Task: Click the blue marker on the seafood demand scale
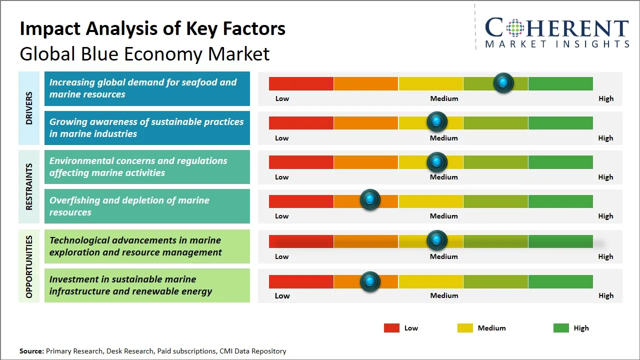pyautogui.click(x=503, y=83)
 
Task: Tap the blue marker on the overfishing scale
pyautogui.click(x=370, y=200)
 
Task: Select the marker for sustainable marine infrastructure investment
pyautogui.click(x=370, y=281)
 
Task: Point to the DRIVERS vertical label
pyautogui.click(x=29, y=108)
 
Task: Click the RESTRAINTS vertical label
pyautogui.click(x=29, y=186)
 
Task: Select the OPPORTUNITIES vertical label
pyautogui.click(x=29, y=266)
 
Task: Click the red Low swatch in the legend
pyautogui.click(x=391, y=328)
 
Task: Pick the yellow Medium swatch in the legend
pyautogui.click(x=465, y=328)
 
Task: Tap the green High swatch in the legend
pyautogui.click(x=561, y=328)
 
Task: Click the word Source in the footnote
pyautogui.click(x=31, y=351)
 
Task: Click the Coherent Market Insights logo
pyautogui.click(x=556, y=32)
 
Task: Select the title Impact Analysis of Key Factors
pyautogui.click(x=152, y=28)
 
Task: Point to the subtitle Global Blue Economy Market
pyautogui.click(x=144, y=53)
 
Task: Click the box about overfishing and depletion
pyautogui.click(x=147, y=206)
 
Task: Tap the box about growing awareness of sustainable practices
pyautogui.click(x=147, y=127)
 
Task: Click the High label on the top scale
pyautogui.click(x=605, y=98)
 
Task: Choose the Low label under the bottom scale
pyautogui.click(x=282, y=295)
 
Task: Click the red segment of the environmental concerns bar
pyautogui.click(x=301, y=162)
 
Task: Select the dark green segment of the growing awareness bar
pyautogui.click(x=560, y=122)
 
